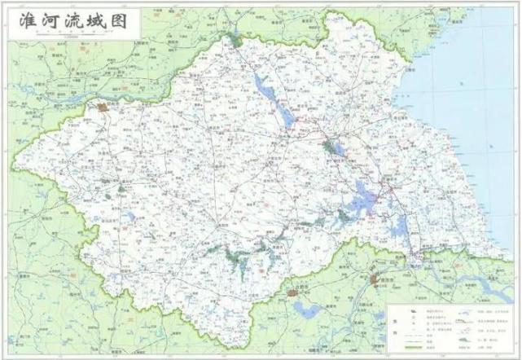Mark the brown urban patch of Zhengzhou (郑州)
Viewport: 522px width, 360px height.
(x=103, y=106)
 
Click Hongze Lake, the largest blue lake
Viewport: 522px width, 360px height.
(x=363, y=195)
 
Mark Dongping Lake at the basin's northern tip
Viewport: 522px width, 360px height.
(x=237, y=39)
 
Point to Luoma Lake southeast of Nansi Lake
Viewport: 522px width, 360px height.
(x=331, y=147)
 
